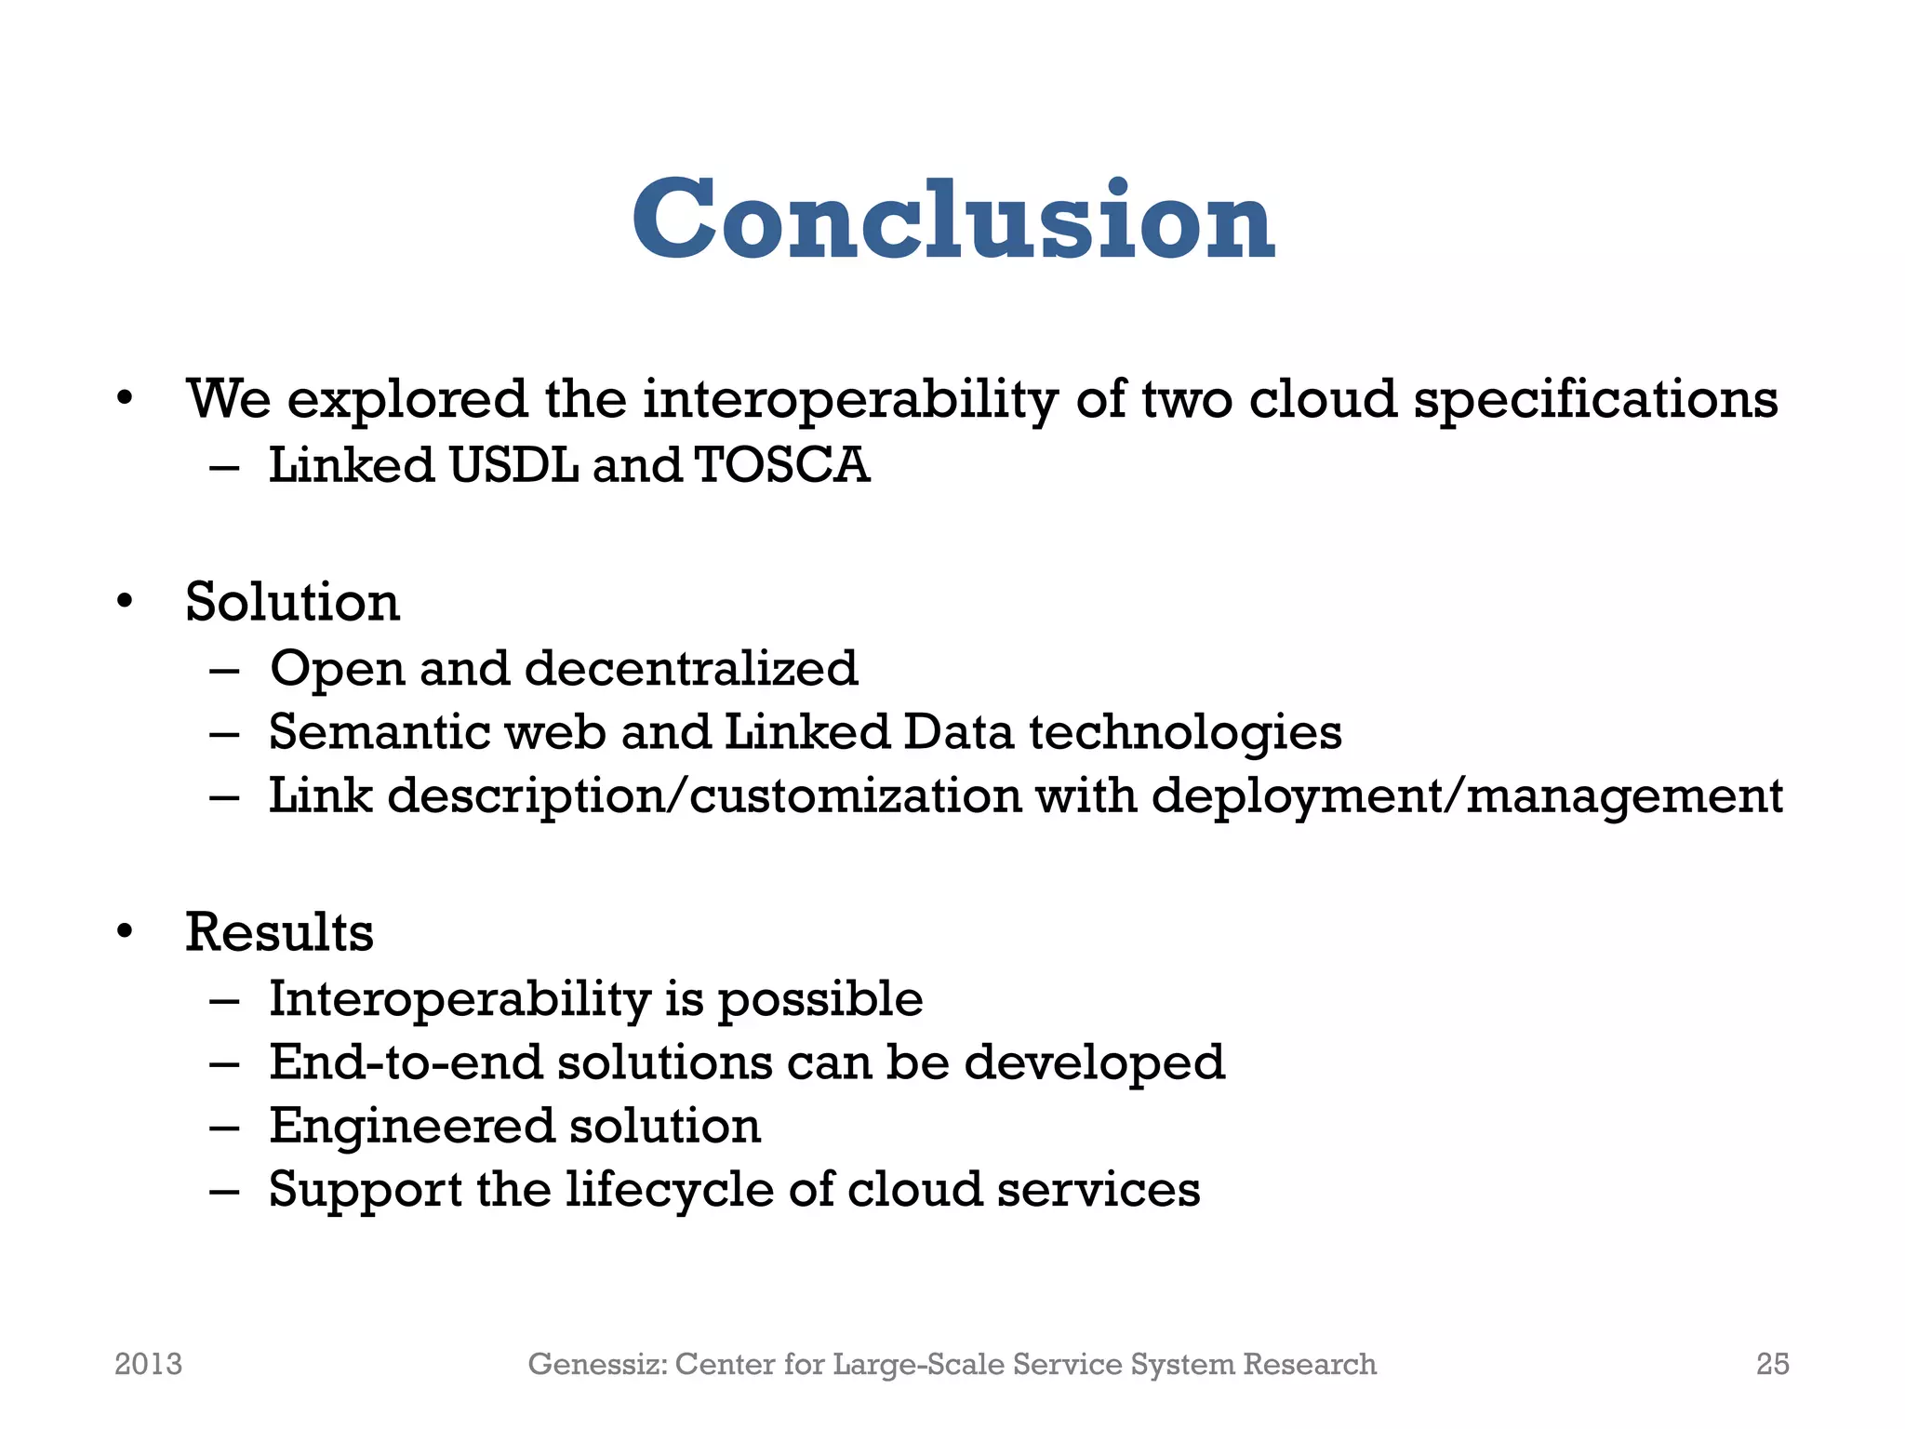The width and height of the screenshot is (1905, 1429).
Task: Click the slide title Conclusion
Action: (952, 220)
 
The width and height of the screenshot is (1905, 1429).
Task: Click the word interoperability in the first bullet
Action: (850, 399)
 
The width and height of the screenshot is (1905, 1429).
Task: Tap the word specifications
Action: (1595, 399)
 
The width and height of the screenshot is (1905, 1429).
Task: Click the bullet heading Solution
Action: (292, 602)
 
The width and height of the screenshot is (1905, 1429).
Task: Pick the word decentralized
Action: (691, 668)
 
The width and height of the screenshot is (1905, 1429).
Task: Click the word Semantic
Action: (379, 731)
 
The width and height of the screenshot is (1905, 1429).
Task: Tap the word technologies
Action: (1185, 732)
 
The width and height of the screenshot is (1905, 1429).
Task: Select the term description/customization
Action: (704, 796)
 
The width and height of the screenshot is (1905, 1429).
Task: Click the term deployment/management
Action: (1467, 796)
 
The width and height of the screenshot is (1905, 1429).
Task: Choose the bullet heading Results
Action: (279, 932)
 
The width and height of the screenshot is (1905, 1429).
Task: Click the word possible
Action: (820, 999)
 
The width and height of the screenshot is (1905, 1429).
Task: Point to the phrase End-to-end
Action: (406, 1062)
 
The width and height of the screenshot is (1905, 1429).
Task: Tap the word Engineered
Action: (411, 1126)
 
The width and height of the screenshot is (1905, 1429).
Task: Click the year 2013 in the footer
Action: (148, 1364)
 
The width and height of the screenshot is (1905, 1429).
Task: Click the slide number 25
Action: (1772, 1364)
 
